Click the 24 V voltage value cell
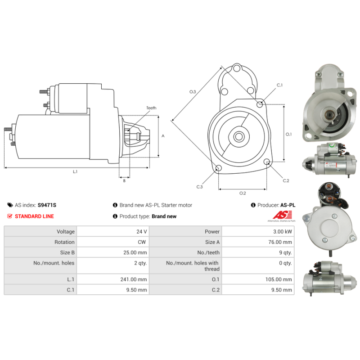(141, 231)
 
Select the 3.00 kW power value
(283, 231)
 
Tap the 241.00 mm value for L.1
(133, 279)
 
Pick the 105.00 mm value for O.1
(279, 279)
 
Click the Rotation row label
(64, 242)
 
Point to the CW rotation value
(142, 242)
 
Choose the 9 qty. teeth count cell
(285, 252)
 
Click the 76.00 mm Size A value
(280, 242)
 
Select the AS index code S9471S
(47, 205)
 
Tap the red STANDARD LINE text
(34, 216)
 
